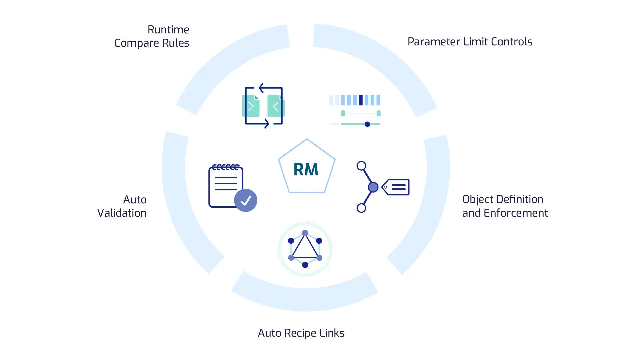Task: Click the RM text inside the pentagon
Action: [x=306, y=169]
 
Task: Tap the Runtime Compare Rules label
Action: [x=152, y=36]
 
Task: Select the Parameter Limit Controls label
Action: [x=470, y=42]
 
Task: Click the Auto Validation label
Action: [x=122, y=206]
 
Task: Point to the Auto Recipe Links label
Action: [x=301, y=333]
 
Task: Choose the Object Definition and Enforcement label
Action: [x=505, y=206]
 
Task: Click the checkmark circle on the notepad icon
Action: [x=246, y=200]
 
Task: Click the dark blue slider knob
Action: [x=367, y=124]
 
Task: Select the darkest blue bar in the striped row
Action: [x=360, y=100]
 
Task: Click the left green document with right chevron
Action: [x=251, y=106]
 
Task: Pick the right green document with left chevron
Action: [x=275, y=106]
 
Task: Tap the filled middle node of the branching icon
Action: [x=373, y=187]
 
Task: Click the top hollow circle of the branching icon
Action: [x=361, y=166]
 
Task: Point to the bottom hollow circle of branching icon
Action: [x=361, y=208]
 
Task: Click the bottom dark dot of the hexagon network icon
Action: [x=305, y=265]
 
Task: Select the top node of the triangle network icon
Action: [x=305, y=233]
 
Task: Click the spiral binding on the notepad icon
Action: [x=226, y=167]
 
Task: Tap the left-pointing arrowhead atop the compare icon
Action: [x=261, y=88]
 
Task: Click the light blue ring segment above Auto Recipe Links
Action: [x=305, y=298]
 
